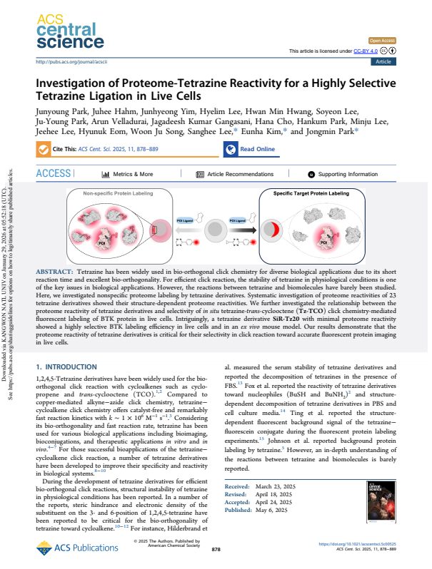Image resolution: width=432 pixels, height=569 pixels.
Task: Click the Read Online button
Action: [250, 149]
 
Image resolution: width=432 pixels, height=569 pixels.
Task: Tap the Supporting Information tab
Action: [347, 174]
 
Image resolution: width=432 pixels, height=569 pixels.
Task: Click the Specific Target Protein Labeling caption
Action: [311, 193]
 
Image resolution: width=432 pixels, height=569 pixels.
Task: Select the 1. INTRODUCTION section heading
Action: [67, 366]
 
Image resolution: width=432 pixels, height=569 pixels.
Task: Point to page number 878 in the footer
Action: [216, 550]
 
